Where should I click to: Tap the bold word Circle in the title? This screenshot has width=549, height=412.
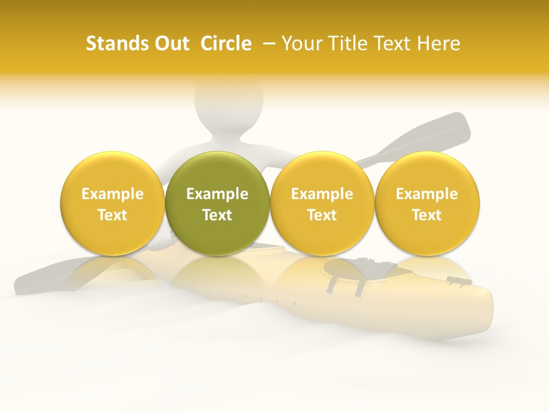click(226, 43)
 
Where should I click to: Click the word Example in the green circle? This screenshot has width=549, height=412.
click(217, 194)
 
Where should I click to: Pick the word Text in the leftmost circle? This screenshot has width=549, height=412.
click(113, 215)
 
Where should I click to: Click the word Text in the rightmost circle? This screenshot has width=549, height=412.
click(427, 215)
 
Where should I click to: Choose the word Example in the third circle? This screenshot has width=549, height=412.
click(322, 194)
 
